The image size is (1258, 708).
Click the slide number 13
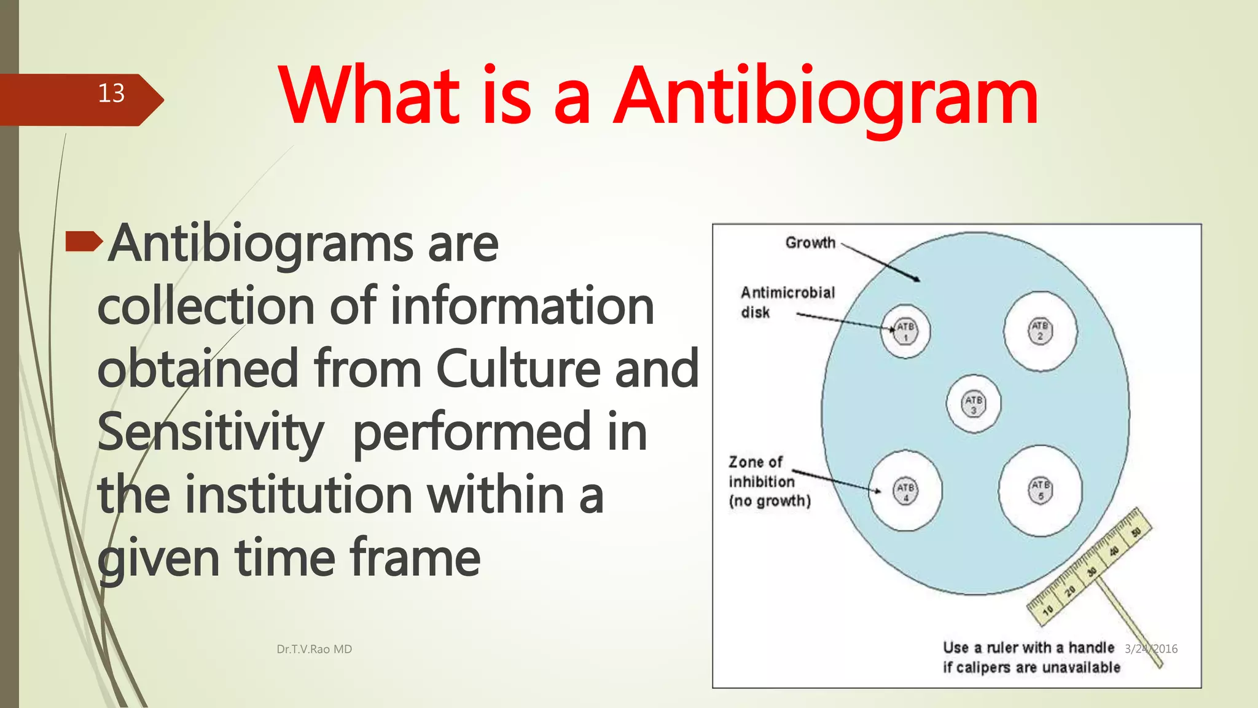click(x=111, y=93)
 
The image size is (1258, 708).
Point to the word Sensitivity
click(x=210, y=432)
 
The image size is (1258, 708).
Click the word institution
click(x=299, y=495)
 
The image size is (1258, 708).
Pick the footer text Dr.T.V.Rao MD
click(x=314, y=649)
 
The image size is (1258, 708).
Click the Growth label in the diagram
click(x=810, y=243)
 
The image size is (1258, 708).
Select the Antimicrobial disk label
click(x=787, y=302)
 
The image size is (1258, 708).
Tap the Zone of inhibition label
click(x=768, y=481)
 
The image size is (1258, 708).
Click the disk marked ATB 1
click(x=905, y=331)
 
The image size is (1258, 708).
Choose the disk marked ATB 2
click(x=1040, y=331)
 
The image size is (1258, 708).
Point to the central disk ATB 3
click(x=974, y=404)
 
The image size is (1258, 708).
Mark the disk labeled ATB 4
click(x=905, y=491)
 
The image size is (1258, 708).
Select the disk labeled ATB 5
click(x=1041, y=490)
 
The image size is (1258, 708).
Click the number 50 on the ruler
click(x=1136, y=532)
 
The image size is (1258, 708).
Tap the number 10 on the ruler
click(x=1048, y=610)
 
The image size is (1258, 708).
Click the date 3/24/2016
click(x=1151, y=649)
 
